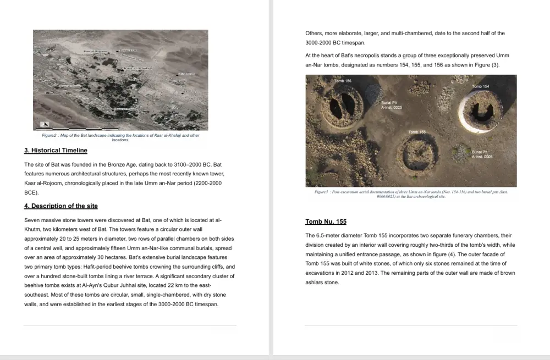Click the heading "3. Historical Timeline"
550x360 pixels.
[56, 150]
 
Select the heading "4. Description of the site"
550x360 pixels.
[61, 206]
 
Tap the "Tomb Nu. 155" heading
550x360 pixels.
[326, 222]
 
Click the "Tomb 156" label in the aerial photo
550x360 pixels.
[343, 81]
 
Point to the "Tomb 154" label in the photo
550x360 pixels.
[480, 87]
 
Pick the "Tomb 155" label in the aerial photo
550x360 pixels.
[417, 132]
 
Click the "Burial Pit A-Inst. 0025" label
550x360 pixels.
[391, 105]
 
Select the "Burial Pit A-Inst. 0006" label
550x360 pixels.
[482, 154]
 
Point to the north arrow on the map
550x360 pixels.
[46, 124]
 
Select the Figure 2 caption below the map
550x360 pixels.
[120, 137]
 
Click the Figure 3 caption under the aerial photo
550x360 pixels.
[411, 194]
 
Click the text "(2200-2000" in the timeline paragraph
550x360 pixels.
[206, 183]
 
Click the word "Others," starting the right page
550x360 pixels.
[315, 34]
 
